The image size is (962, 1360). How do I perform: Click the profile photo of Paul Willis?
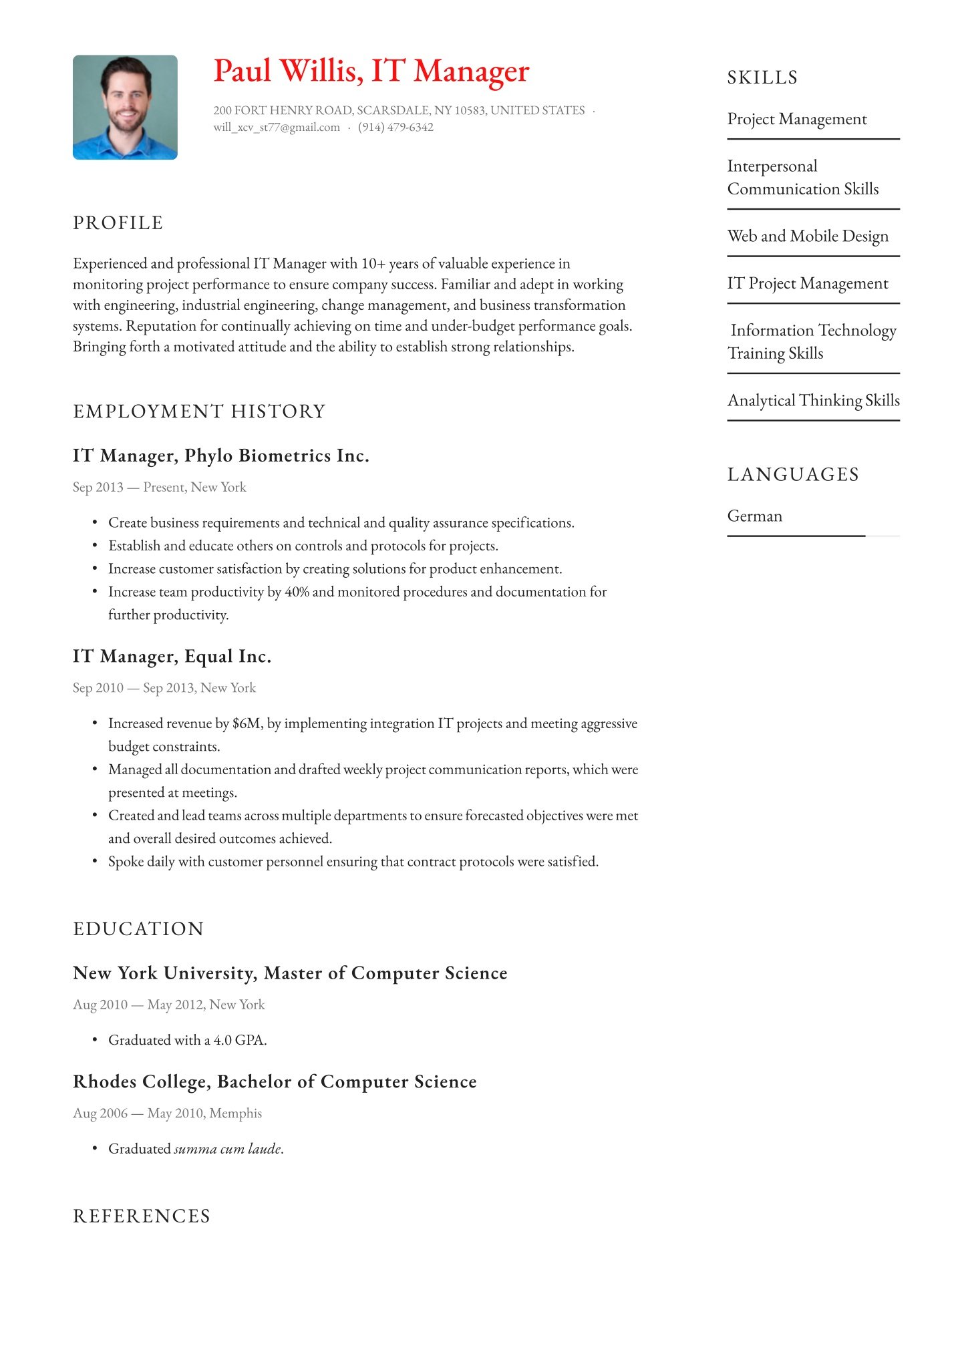(125, 107)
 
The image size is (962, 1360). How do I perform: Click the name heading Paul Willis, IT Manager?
(371, 71)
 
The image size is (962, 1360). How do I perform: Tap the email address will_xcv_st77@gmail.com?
(277, 128)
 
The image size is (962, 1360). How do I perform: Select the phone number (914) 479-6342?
(395, 128)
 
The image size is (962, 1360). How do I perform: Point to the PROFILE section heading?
(118, 223)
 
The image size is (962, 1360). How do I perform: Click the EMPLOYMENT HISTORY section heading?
(199, 411)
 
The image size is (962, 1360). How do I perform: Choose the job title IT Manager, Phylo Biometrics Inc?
(220, 456)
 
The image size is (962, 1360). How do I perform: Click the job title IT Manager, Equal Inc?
(172, 657)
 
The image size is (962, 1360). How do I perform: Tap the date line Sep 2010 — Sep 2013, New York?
(164, 688)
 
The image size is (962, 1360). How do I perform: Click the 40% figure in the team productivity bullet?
(297, 592)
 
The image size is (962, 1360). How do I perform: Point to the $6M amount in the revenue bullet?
(247, 723)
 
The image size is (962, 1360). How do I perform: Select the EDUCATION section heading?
(138, 929)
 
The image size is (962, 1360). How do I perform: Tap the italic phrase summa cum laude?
(228, 1149)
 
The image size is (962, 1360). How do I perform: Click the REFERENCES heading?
(142, 1216)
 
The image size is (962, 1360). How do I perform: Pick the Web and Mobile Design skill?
(808, 236)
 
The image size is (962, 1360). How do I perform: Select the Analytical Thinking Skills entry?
(813, 401)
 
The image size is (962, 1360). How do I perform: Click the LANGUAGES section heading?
(793, 475)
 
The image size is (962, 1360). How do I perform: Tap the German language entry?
(755, 516)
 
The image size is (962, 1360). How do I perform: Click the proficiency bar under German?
(796, 536)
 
